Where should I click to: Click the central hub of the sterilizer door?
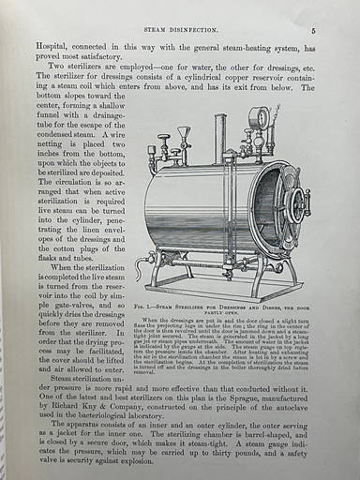pos(297,203)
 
